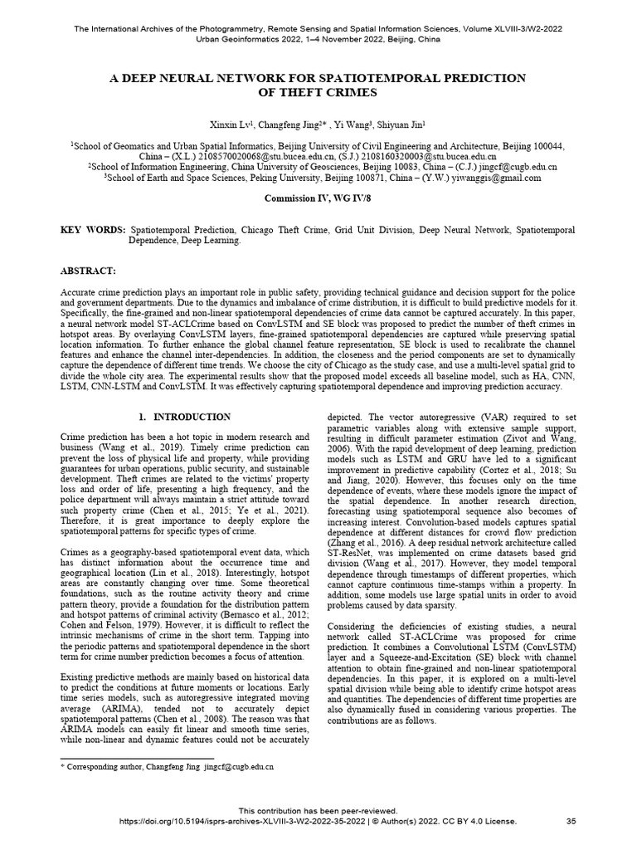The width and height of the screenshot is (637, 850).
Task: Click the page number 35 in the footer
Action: tap(571, 821)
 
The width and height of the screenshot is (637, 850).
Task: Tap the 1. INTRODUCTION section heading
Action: tap(185, 416)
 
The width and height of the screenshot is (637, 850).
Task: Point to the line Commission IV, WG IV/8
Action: tap(318, 200)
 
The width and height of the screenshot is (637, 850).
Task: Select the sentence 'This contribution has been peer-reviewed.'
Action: tap(318, 810)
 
